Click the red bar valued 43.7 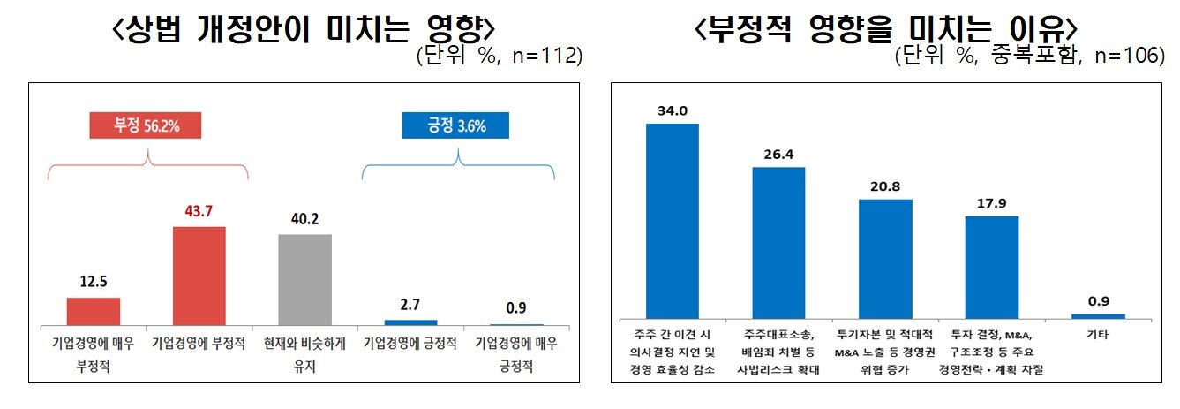[x=199, y=276]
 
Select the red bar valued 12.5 [x=93, y=311]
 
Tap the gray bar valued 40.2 [x=304, y=279]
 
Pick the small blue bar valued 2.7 [x=410, y=322]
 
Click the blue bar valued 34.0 [x=673, y=220]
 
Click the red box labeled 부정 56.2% [x=146, y=125]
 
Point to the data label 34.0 [x=673, y=110]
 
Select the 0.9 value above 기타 [x=1098, y=300]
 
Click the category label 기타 [x=1098, y=336]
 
